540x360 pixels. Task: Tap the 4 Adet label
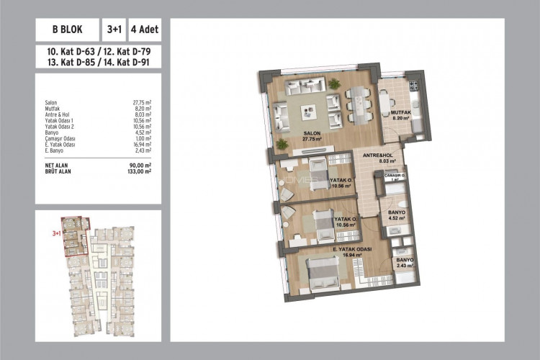point(145,31)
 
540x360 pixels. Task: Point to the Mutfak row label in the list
point(51,108)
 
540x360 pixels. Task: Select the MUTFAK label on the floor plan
point(400,112)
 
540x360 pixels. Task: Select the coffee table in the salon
point(309,112)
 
